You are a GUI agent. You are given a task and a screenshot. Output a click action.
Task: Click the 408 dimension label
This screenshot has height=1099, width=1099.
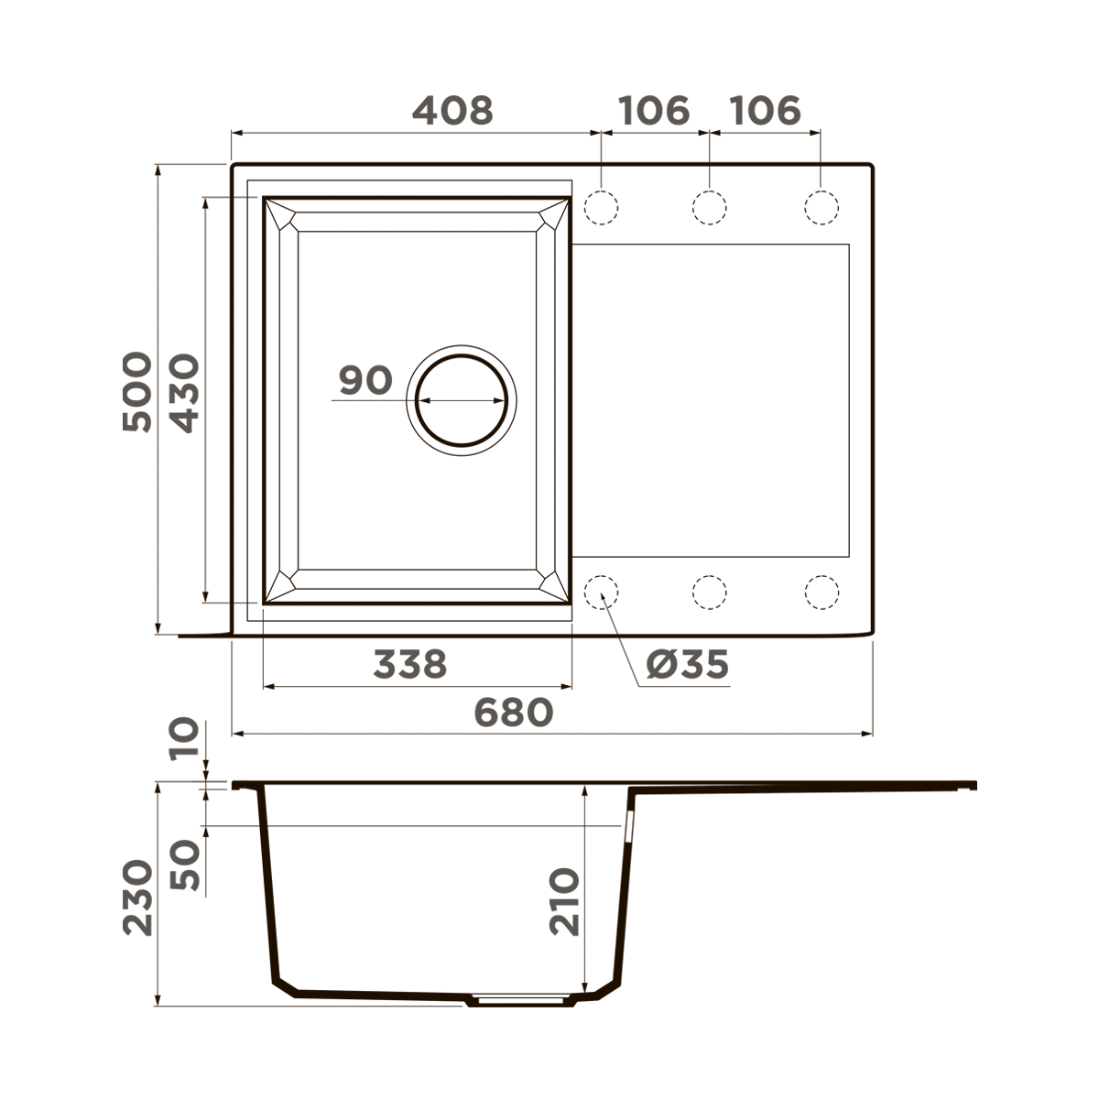tap(452, 111)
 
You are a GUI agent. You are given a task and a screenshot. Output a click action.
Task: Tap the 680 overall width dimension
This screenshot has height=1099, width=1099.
tap(514, 712)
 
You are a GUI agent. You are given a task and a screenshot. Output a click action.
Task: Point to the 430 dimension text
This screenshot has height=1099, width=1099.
tap(185, 394)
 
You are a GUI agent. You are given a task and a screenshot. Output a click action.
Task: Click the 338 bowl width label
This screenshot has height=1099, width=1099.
tap(410, 664)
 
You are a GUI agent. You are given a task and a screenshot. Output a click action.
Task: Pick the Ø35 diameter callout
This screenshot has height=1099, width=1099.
tap(687, 664)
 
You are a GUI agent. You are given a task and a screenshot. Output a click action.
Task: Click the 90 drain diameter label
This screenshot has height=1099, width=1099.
tap(365, 380)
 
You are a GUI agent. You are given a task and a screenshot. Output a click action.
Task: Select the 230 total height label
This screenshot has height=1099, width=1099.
tap(137, 897)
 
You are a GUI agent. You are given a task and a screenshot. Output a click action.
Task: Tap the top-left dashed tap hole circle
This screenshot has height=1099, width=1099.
tap(601, 207)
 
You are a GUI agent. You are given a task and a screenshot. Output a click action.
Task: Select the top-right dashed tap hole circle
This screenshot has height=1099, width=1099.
tap(821, 207)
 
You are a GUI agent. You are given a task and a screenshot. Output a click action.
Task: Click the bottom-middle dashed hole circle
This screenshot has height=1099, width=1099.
tap(710, 592)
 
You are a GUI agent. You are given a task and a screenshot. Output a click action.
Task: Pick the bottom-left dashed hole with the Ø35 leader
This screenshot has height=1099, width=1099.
tap(601, 592)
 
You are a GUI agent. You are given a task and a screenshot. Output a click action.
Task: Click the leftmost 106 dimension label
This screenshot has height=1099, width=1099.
tap(654, 111)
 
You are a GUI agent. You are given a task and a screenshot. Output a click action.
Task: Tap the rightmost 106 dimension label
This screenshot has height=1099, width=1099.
tap(765, 111)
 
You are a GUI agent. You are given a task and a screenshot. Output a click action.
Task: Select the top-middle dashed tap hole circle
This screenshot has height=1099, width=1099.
tap(710, 207)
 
